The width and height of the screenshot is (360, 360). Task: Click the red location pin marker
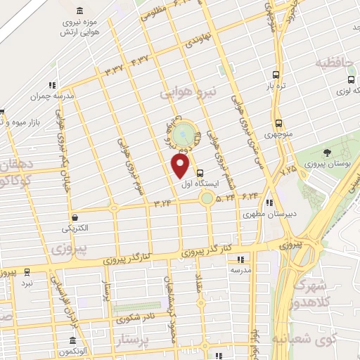click(x=181, y=166)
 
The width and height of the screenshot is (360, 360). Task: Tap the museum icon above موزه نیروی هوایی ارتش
click(x=77, y=11)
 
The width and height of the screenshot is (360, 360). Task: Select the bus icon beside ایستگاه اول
click(x=201, y=173)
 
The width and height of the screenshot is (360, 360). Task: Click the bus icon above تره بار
click(x=275, y=75)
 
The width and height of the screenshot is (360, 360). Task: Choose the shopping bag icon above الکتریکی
click(x=75, y=217)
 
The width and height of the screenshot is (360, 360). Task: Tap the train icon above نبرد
click(x=27, y=271)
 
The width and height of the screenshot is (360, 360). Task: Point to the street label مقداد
click(x=198, y=283)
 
